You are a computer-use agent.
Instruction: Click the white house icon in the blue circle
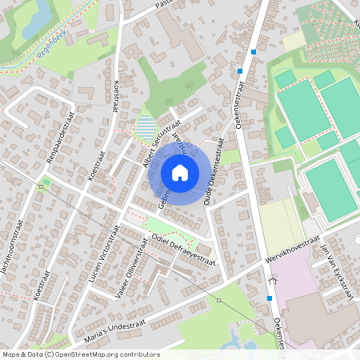180,172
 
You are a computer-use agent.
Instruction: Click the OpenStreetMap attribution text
81,354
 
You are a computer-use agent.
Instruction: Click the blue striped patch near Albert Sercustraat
146,126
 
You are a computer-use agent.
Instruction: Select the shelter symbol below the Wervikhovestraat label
274,280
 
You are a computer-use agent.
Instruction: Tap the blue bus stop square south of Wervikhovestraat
270,298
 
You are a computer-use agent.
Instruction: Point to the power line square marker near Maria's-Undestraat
218,300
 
